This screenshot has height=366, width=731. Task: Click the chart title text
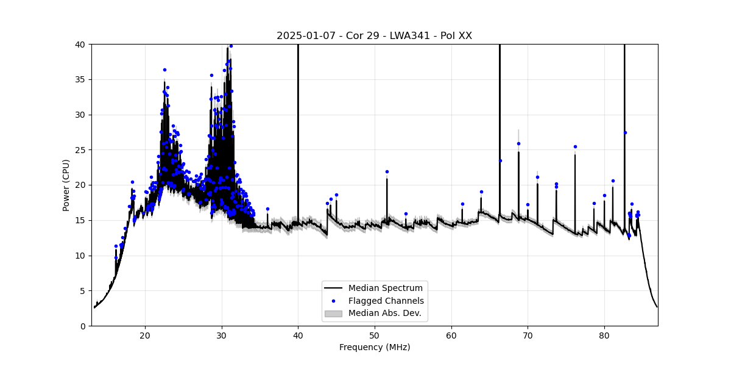pos(374,36)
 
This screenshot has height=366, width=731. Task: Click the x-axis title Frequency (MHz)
pos(374,347)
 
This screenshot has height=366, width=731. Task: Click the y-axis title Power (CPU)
pos(66,185)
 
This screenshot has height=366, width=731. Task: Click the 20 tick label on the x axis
pos(145,335)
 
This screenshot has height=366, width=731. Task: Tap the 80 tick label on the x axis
pos(604,335)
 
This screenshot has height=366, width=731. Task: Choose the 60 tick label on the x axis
pos(451,335)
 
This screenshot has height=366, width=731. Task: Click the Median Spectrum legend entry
pos(385,288)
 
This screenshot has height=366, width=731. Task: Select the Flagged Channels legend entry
pos(386,301)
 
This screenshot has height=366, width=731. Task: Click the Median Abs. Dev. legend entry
pos(387,314)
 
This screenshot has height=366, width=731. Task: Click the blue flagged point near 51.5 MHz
pos(387,171)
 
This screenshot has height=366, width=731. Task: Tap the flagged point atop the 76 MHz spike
pos(575,146)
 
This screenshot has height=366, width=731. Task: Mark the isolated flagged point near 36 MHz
pos(267,209)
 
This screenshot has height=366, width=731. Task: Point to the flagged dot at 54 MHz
pos(406,213)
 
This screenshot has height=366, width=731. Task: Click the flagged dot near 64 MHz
pos(481,192)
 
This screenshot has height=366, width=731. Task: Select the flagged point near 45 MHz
pos(336,195)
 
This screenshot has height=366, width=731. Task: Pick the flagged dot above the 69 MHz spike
pos(518,143)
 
